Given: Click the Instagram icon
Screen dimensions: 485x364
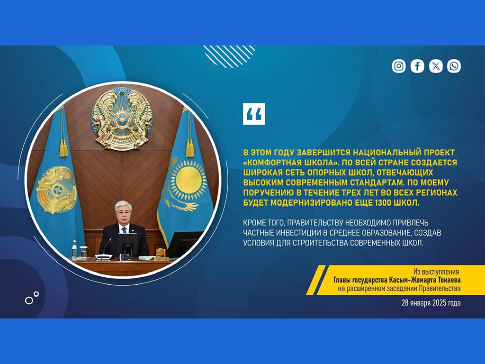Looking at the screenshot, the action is tap(399, 66).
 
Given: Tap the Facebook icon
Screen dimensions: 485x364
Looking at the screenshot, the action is tap(417, 66).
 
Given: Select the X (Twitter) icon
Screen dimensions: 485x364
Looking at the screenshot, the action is tap(436, 66).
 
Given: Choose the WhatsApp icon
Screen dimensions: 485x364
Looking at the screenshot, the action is tap(454, 66).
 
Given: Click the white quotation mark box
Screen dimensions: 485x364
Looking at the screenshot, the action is tap(254, 114).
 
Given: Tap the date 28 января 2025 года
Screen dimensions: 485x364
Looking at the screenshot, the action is tap(431, 303).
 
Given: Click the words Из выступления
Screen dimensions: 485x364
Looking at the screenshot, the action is tap(436, 272).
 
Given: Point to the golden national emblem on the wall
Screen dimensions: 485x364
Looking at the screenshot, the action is tap(122, 118).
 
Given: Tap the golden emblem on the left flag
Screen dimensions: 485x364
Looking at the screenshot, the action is tap(56, 190).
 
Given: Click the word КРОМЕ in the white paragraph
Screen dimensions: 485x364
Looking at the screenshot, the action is tap(254, 223).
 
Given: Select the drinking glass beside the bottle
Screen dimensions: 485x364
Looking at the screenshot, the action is tap(83, 252).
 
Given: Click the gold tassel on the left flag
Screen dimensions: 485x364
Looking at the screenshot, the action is tap(63, 148).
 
